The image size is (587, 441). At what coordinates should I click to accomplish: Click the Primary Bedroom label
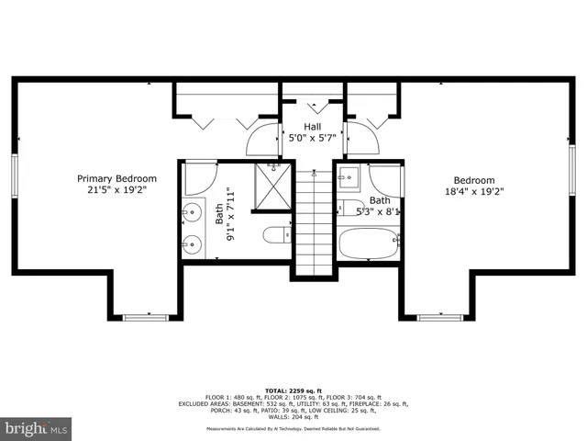tap(116, 178)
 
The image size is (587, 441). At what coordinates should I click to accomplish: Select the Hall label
tap(313, 127)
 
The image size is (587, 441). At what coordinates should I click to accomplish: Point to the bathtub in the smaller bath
tap(369, 245)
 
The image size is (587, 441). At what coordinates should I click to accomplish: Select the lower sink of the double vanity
tap(192, 243)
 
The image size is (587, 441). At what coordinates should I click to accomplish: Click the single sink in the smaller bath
tap(348, 176)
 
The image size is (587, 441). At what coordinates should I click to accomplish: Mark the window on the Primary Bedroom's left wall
tap(16, 175)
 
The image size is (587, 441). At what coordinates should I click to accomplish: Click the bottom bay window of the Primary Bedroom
tap(148, 318)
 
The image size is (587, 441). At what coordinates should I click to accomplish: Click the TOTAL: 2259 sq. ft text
tap(293, 390)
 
